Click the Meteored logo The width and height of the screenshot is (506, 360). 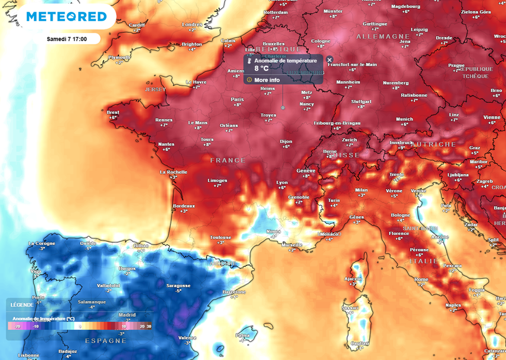66,17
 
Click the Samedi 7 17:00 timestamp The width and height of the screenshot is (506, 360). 67,39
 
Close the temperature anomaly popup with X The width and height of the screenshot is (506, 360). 330,59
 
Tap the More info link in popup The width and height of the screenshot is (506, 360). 267,80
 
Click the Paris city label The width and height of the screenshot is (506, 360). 237,99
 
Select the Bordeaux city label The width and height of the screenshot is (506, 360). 184,205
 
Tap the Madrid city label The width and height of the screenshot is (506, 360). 127,315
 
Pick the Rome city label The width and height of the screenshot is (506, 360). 422,280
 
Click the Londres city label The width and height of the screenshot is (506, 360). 192,25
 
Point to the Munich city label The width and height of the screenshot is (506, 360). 404,119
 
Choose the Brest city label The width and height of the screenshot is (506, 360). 113,113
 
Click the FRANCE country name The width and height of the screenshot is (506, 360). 227,160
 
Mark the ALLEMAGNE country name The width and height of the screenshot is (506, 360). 383,37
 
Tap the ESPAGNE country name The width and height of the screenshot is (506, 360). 106,341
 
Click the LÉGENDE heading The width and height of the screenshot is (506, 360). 22,305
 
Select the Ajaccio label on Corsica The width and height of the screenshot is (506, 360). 353,279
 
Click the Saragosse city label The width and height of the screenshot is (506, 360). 178,285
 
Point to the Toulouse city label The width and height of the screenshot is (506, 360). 220,237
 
